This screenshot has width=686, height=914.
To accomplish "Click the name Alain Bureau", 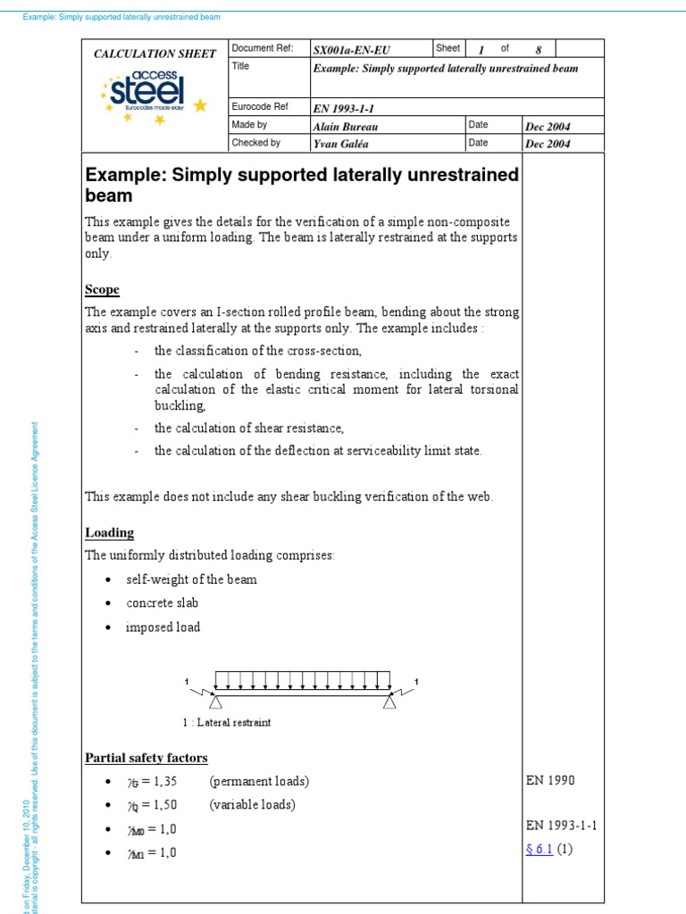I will point(346,127).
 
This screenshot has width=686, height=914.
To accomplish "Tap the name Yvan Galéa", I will point(342,143).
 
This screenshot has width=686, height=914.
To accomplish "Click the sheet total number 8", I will point(538,49).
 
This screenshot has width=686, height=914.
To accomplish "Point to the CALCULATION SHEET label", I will point(155,54).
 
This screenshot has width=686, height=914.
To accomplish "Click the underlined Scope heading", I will point(102,290).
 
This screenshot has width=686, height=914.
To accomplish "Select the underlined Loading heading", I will point(109,533).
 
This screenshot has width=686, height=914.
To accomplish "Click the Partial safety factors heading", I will point(146,758).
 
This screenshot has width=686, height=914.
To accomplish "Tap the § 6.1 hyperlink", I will point(539,849).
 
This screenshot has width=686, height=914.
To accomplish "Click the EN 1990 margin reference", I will point(550,780).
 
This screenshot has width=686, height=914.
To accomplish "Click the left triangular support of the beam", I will point(215,703).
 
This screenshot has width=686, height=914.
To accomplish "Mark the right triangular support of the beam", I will point(389,703).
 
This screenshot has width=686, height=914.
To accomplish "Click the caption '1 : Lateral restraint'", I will point(226,723).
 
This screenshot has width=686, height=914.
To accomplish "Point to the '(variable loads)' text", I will point(252,804).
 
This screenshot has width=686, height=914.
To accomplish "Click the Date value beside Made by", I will point(548,127).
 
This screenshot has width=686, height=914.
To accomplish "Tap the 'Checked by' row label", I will point(256,142).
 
